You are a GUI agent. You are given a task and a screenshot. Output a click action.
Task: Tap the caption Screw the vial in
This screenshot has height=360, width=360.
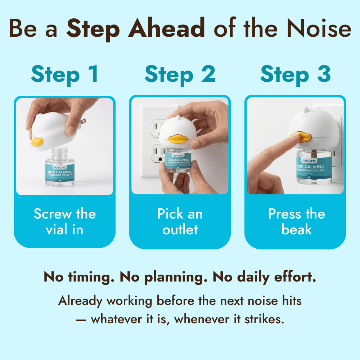click(65, 221)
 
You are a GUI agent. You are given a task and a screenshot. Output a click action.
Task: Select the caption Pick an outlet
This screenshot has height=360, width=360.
click(180, 221)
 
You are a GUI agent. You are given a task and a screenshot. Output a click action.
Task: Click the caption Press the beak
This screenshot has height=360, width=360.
click(296, 221)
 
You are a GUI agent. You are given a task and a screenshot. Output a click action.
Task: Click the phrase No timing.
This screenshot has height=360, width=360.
click(79, 277)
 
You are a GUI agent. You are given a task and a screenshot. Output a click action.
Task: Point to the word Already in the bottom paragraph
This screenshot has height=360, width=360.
click(80, 301)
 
